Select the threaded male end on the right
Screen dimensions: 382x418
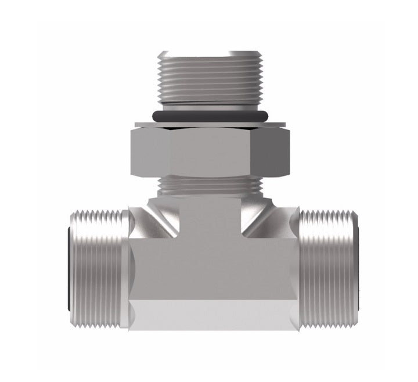328,267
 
